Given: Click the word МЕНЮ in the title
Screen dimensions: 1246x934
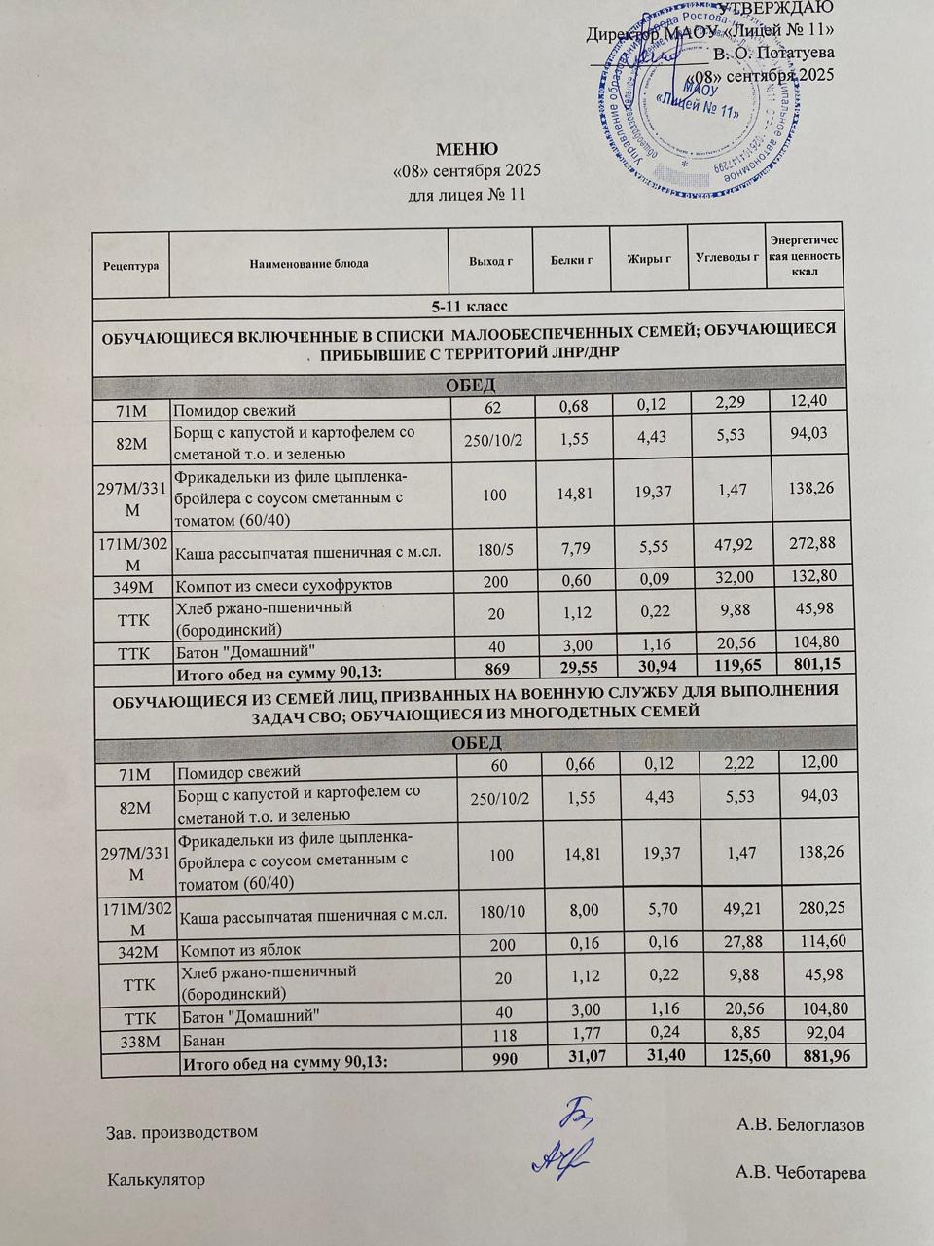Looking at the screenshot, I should click(x=466, y=150).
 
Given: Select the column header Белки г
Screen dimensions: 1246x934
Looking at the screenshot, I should click(x=571, y=260).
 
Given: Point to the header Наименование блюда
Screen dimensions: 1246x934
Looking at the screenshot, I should click(x=308, y=263).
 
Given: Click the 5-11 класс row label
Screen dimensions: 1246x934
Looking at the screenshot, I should click(x=465, y=307).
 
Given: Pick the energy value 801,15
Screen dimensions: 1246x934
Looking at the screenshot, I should click(x=803, y=664).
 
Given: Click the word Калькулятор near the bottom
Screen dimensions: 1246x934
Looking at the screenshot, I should click(x=156, y=1180).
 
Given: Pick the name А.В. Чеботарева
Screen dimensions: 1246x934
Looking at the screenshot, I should click(x=802, y=1172).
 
